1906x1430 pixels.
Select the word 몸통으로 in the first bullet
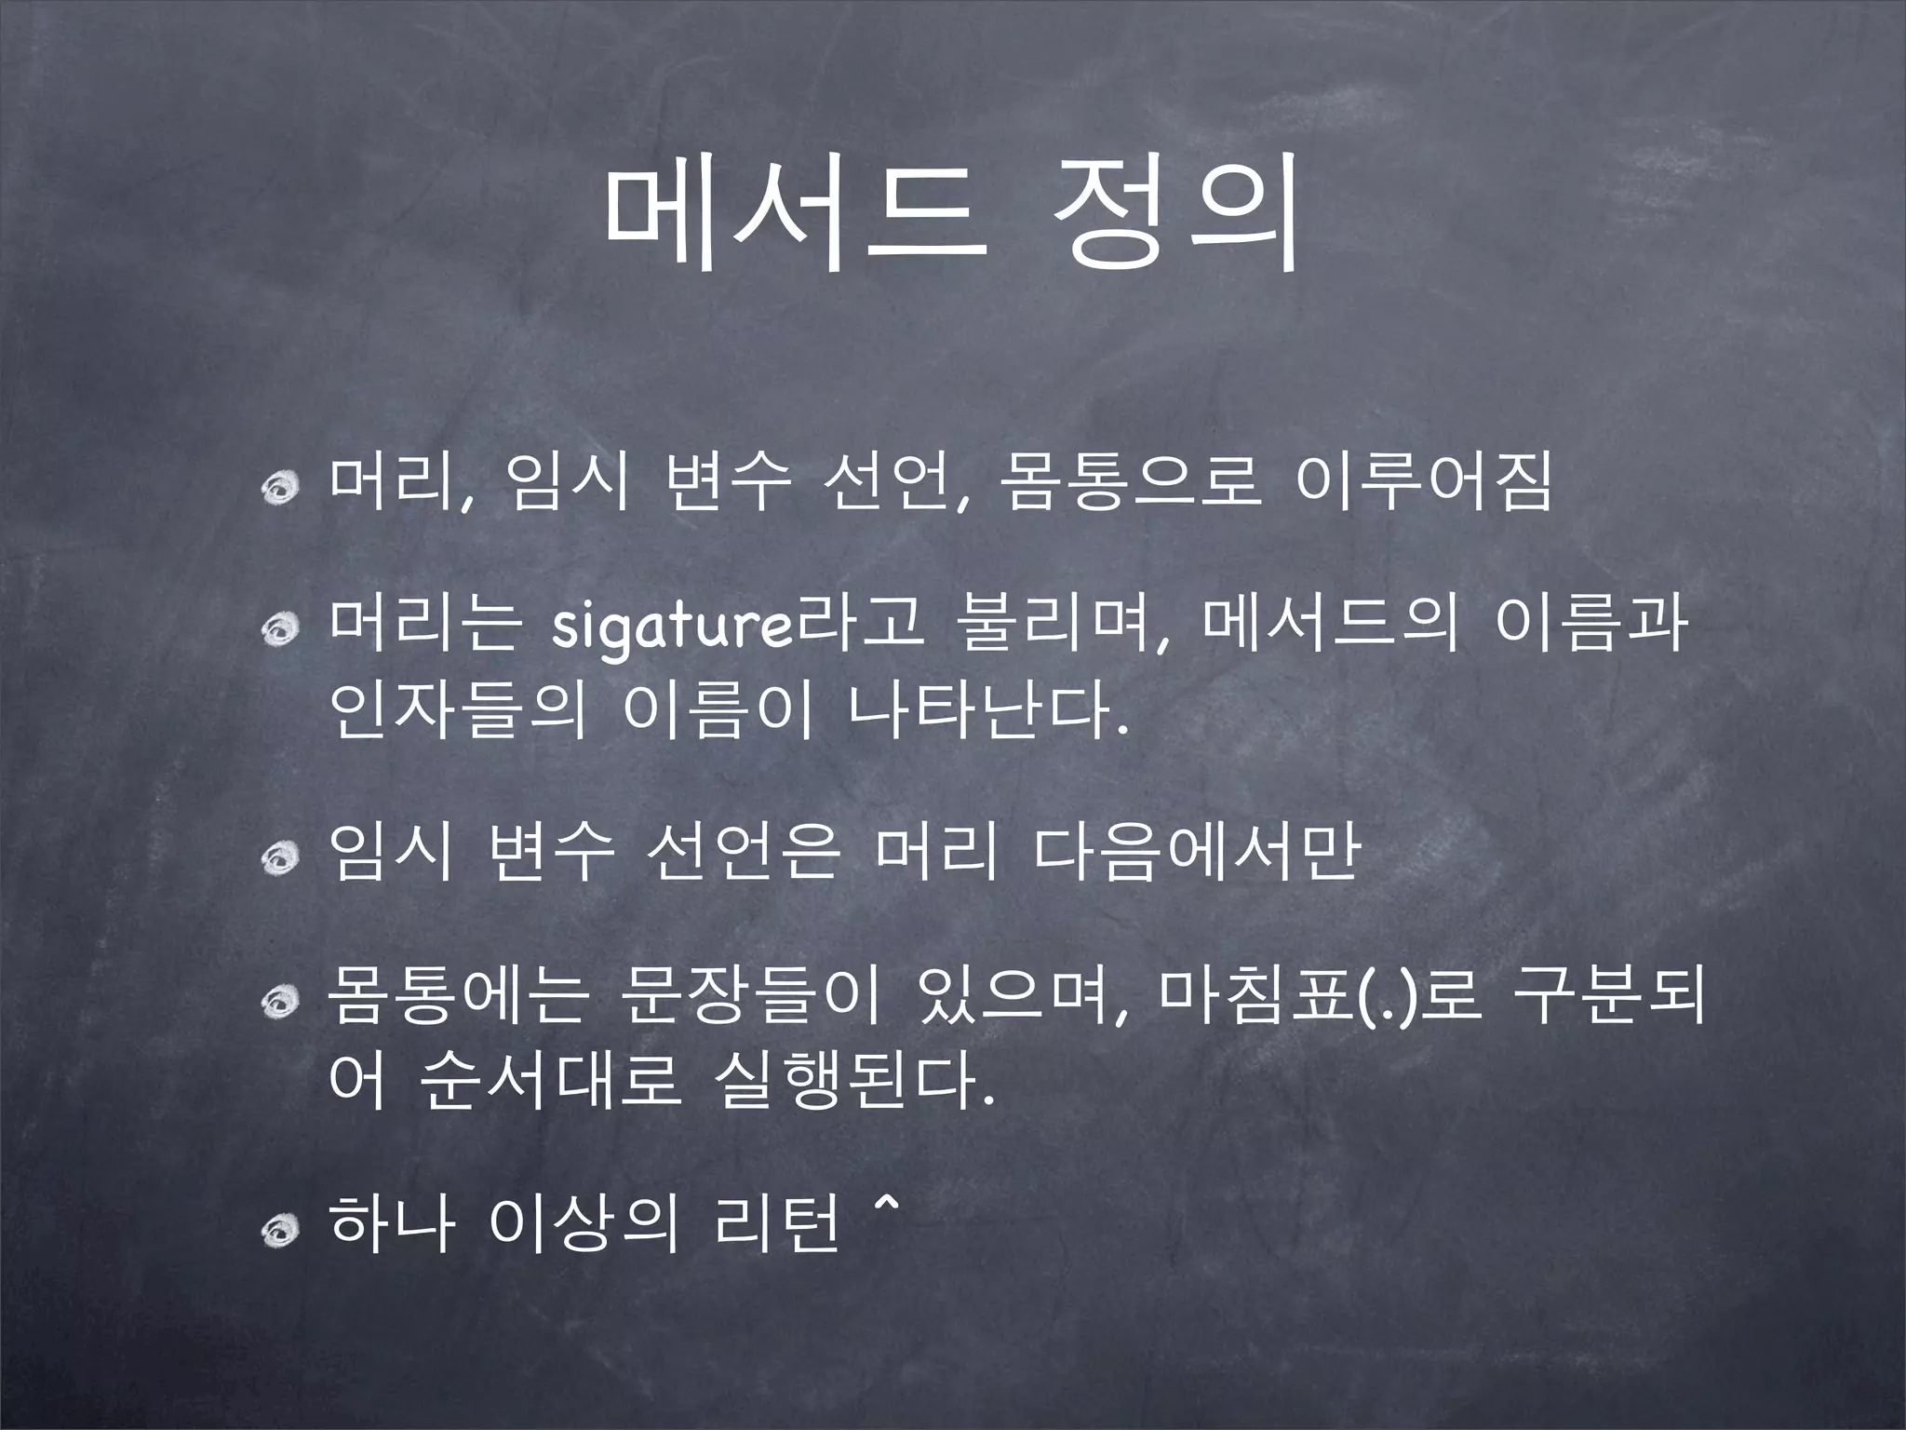1128,484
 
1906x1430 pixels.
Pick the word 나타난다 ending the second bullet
987,711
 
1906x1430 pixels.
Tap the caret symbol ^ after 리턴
885,1207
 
